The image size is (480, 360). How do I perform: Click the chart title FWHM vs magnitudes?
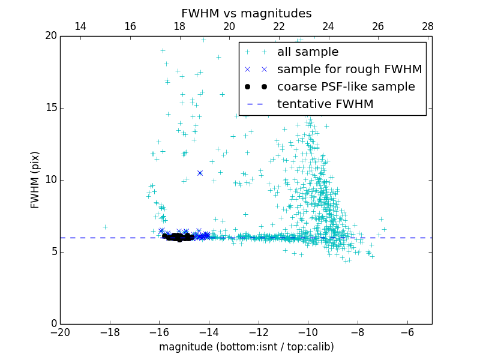pos(246,13)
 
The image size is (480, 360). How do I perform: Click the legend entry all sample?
pos(307,52)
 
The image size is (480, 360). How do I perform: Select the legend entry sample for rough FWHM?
pos(349,70)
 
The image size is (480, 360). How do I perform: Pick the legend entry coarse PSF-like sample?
pos(346,87)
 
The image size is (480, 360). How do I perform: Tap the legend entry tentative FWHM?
pos(325,104)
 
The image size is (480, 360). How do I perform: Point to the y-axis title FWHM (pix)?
pos(35,179)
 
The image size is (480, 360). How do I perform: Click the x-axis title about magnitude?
pos(246,347)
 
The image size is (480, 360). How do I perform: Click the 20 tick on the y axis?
pos(50,36)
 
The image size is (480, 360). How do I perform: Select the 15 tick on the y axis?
pos(50,108)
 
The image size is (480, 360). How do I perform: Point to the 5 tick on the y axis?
pos(53,252)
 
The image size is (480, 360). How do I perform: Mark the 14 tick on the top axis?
pos(80,26)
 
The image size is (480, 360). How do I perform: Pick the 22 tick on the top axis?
pos(279,26)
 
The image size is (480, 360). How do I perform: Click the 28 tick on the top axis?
pos(428,26)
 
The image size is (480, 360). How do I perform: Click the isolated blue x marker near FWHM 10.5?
pos(200,173)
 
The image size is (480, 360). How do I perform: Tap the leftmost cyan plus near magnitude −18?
pos(105,227)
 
